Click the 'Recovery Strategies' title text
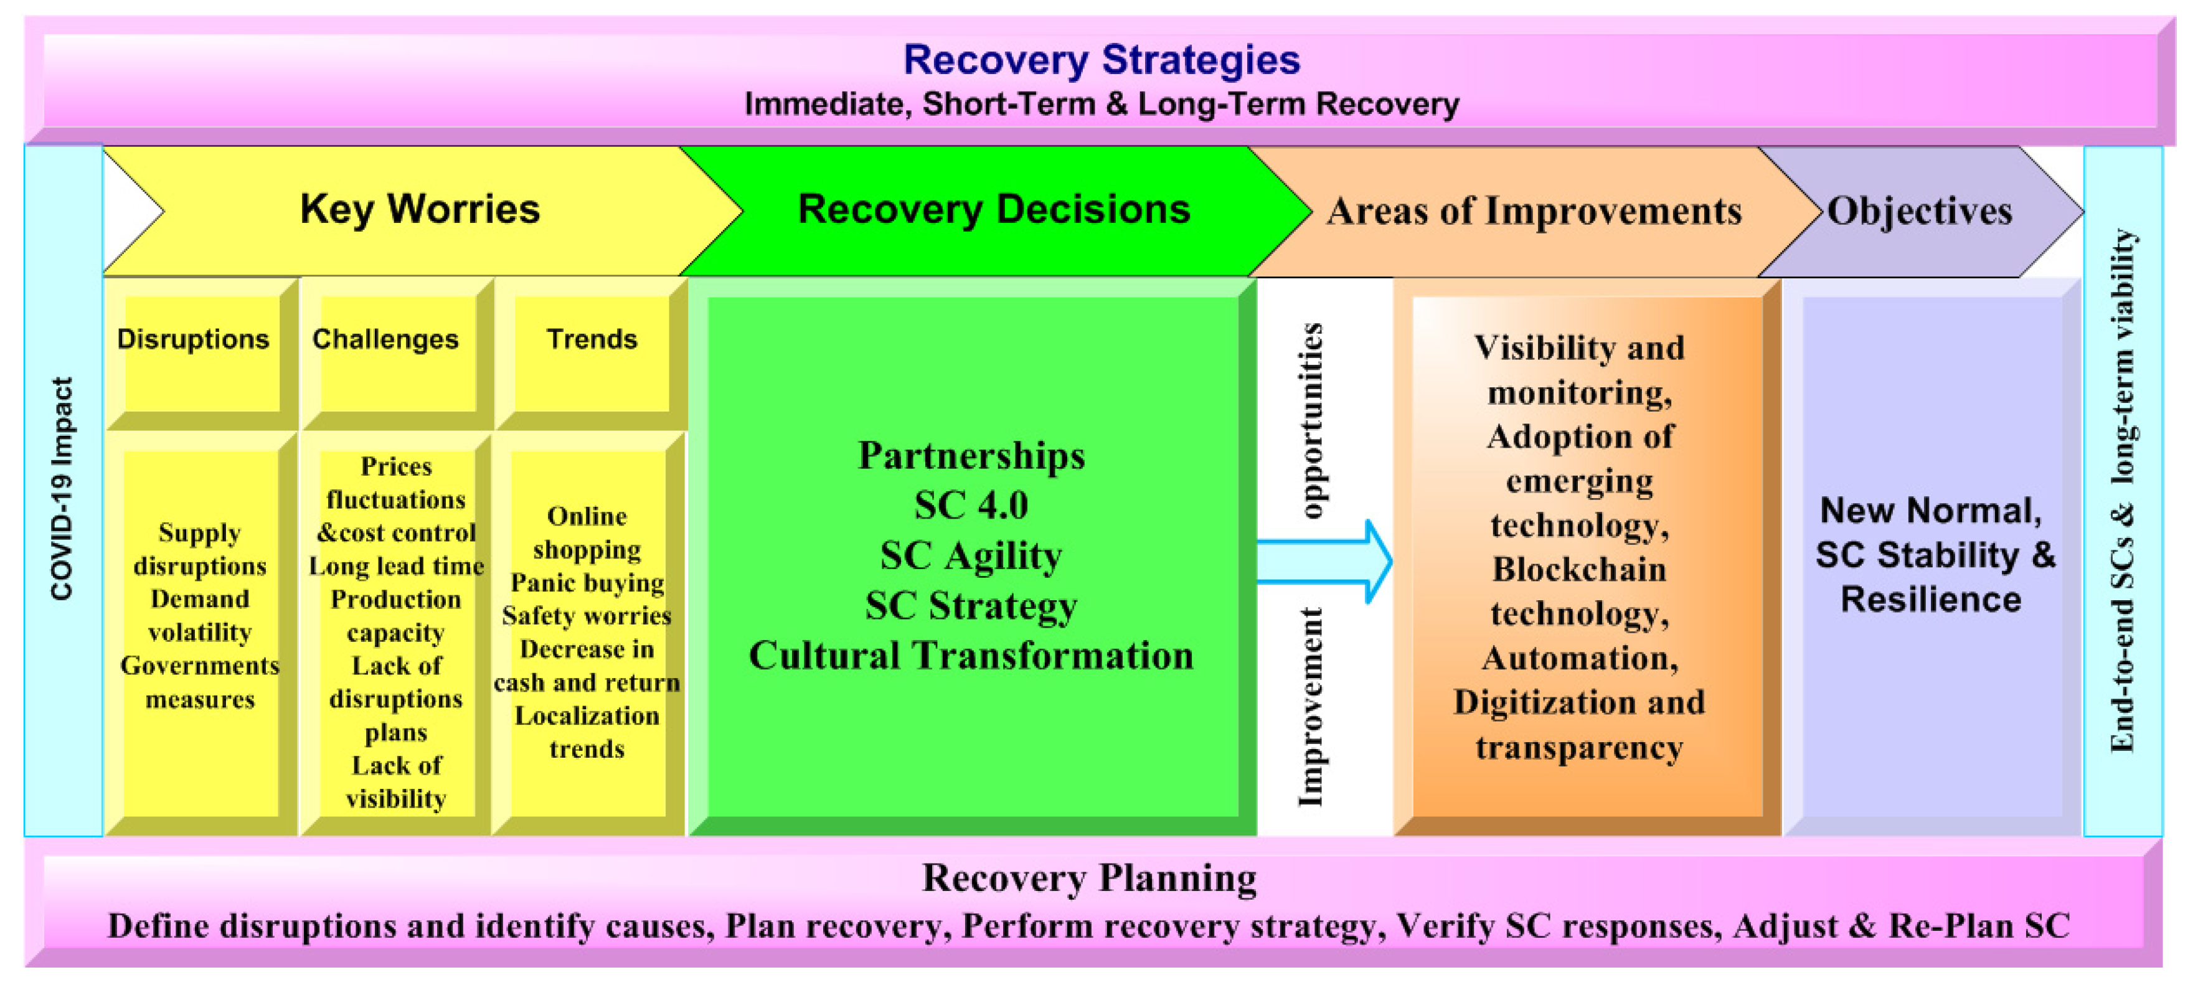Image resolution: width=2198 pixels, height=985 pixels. coord(1101,60)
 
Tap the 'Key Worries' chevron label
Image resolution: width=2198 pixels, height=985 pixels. coord(420,209)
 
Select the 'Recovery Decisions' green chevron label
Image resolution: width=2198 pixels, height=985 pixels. coord(993,209)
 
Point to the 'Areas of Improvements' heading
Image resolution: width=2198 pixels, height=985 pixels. coord(1534,211)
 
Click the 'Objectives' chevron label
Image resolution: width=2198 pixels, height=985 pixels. coord(1919,211)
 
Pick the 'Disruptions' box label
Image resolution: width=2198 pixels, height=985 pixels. coord(193,339)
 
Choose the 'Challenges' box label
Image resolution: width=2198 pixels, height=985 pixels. coord(385,339)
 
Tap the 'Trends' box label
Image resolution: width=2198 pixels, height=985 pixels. coord(592,339)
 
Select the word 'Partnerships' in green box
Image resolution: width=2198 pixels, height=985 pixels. coord(971,456)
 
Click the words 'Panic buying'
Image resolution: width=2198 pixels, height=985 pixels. coord(587,582)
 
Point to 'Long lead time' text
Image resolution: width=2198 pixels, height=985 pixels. coord(396,566)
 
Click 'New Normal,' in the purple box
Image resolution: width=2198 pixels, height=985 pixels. coord(1930,511)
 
